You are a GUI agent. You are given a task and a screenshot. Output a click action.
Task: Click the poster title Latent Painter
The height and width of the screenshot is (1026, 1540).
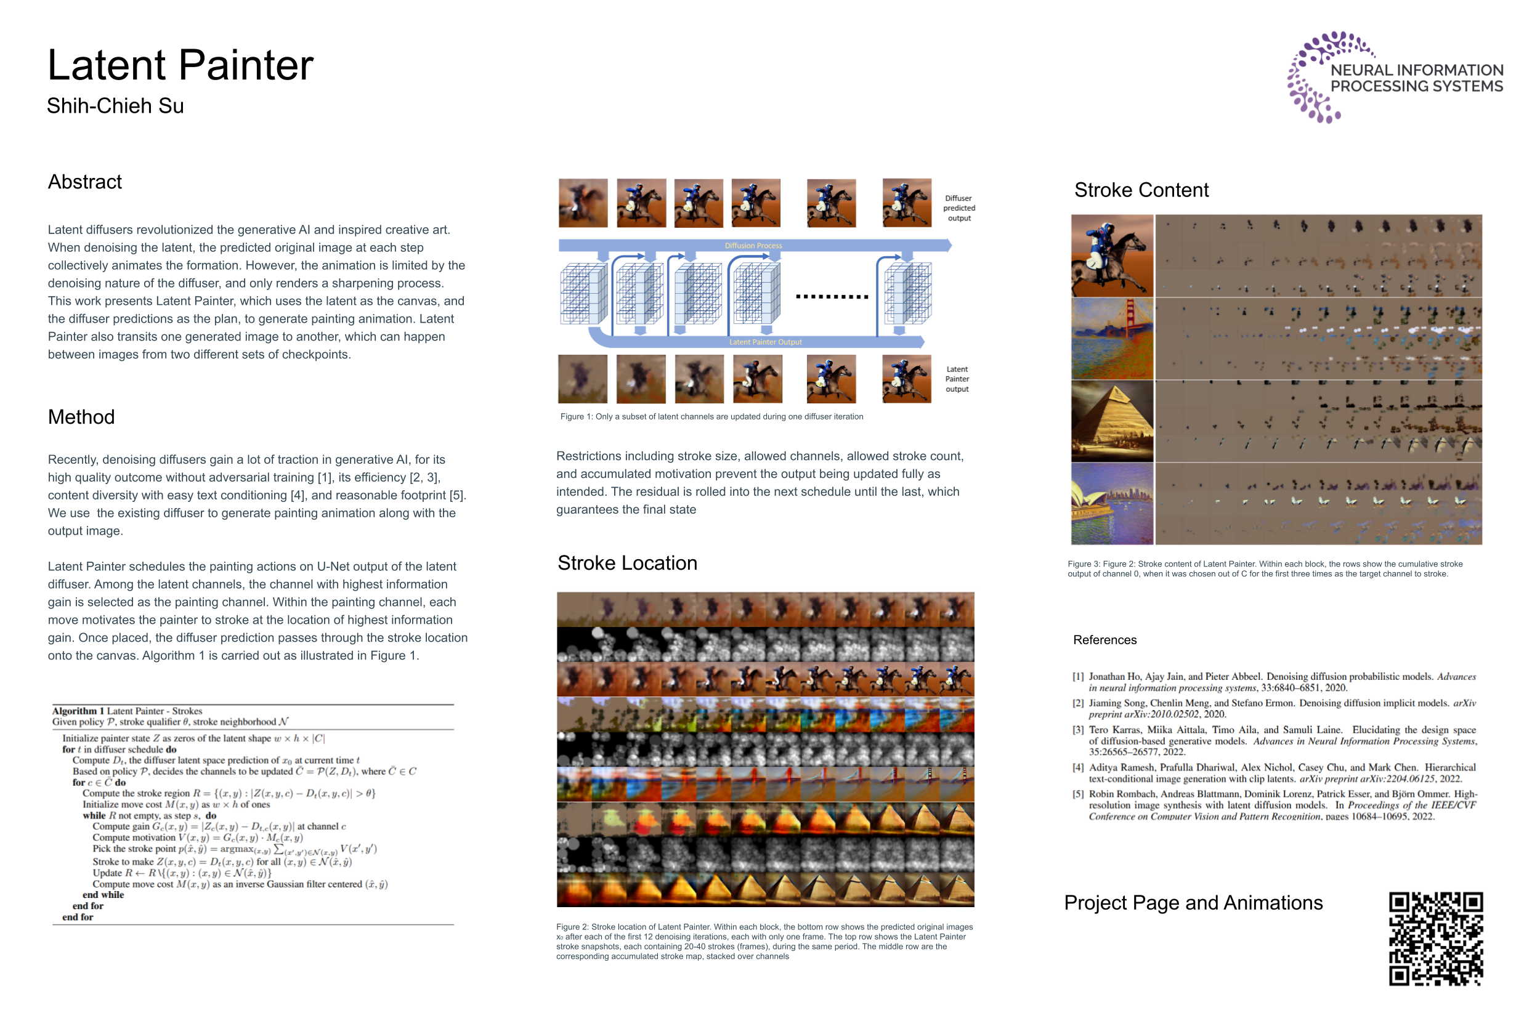180,65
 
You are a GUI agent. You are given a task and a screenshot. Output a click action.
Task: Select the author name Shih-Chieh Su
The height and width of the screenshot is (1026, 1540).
115,106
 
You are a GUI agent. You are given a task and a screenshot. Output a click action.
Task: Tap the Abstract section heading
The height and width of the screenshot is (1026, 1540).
84,182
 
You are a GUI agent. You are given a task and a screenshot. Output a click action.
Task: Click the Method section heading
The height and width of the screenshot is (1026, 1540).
81,417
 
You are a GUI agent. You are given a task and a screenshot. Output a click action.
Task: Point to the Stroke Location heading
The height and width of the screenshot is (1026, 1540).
626,563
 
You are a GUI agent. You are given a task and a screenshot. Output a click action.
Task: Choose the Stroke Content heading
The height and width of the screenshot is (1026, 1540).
1141,190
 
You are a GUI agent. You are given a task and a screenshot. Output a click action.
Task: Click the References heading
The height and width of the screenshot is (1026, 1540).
1104,640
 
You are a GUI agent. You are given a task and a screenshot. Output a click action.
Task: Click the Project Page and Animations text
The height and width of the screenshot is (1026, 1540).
1193,903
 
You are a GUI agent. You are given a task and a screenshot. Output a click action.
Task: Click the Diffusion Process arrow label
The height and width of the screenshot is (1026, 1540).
753,245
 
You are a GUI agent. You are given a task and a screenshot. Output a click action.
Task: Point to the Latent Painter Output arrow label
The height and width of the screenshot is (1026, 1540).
765,342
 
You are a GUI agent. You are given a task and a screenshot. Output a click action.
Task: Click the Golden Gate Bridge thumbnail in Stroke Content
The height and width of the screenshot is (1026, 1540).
1111,339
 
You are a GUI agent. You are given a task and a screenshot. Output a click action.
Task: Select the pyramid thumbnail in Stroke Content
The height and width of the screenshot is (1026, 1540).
1111,421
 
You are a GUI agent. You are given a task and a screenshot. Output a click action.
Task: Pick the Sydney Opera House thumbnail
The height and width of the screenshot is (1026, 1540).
1111,504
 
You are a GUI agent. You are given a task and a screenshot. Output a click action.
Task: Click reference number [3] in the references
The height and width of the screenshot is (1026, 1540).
1077,730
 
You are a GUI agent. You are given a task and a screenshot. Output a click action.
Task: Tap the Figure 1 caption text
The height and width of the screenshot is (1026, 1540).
711,417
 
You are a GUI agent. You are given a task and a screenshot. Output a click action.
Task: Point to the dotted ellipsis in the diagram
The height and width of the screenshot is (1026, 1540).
831,296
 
